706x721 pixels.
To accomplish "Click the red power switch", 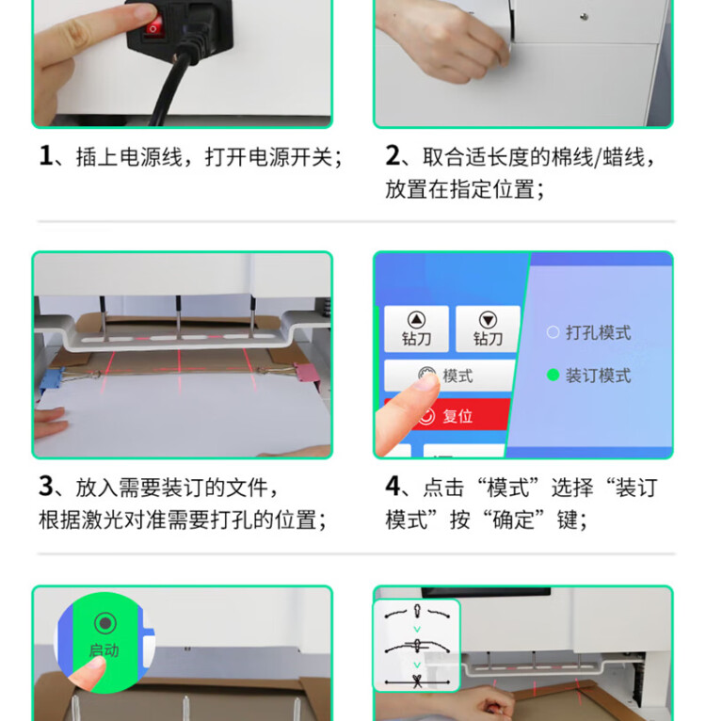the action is pyautogui.click(x=153, y=24).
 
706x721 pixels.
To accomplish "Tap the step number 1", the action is pyautogui.click(x=45, y=155).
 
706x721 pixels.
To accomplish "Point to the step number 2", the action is pyautogui.click(x=393, y=155).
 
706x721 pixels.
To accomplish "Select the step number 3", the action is pyautogui.click(x=46, y=486).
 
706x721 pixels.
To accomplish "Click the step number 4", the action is pyautogui.click(x=393, y=486).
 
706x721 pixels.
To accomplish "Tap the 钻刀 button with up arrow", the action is pyautogui.click(x=416, y=328).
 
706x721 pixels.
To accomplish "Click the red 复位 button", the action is pyautogui.click(x=447, y=414).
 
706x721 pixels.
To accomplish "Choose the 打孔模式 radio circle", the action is pyautogui.click(x=553, y=332).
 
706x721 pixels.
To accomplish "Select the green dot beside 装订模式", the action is pyautogui.click(x=553, y=376).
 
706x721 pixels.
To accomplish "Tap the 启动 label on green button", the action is pyautogui.click(x=104, y=650).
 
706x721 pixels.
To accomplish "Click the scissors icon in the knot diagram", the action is pyautogui.click(x=417, y=681).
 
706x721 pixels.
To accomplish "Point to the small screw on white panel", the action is pyautogui.click(x=585, y=17).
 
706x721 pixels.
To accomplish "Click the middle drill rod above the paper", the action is pyautogui.click(x=179, y=318).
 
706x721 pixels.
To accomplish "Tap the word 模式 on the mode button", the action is pyautogui.click(x=457, y=376).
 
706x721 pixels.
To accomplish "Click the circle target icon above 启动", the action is pyautogui.click(x=104, y=623).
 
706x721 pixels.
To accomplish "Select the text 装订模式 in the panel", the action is pyautogui.click(x=598, y=376).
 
